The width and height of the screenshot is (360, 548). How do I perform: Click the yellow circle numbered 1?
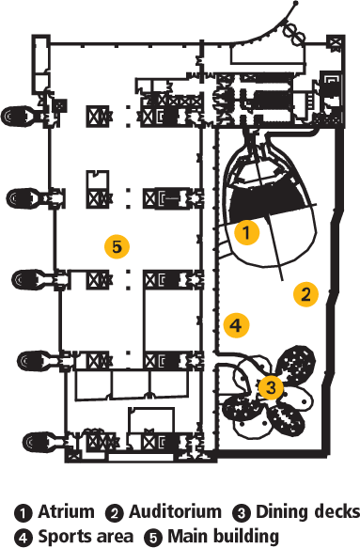pyautogui.click(x=247, y=232)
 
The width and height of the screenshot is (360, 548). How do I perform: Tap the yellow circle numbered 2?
pyautogui.click(x=305, y=294)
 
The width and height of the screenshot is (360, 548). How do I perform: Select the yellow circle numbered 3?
pyautogui.click(x=271, y=387)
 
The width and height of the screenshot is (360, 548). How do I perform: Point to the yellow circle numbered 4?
pyautogui.click(x=236, y=325)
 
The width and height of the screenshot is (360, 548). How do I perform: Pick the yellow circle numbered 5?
pyautogui.click(x=117, y=246)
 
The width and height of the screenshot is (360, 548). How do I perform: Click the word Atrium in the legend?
pyautogui.click(x=66, y=511)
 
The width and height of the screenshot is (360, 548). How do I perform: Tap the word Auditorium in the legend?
pyautogui.click(x=175, y=511)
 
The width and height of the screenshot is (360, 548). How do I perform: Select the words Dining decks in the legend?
pyautogui.click(x=307, y=511)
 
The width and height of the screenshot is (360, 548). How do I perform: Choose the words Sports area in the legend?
pyautogui.click(x=86, y=536)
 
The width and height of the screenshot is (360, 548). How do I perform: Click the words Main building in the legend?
pyautogui.click(x=224, y=536)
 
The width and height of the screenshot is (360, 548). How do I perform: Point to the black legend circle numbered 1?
pyautogui.click(x=23, y=512)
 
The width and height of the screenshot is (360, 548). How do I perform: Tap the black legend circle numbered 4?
pyautogui.click(x=23, y=537)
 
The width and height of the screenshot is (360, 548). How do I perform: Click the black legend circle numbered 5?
pyautogui.click(x=153, y=537)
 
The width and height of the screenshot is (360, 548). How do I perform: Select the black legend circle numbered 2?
pyautogui.click(x=115, y=512)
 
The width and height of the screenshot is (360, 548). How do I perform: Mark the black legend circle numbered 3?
pyautogui.click(x=242, y=512)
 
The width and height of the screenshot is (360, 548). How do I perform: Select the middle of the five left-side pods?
pyautogui.click(x=31, y=279)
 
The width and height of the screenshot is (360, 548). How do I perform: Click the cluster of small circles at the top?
pyautogui.click(x=294, y=33)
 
